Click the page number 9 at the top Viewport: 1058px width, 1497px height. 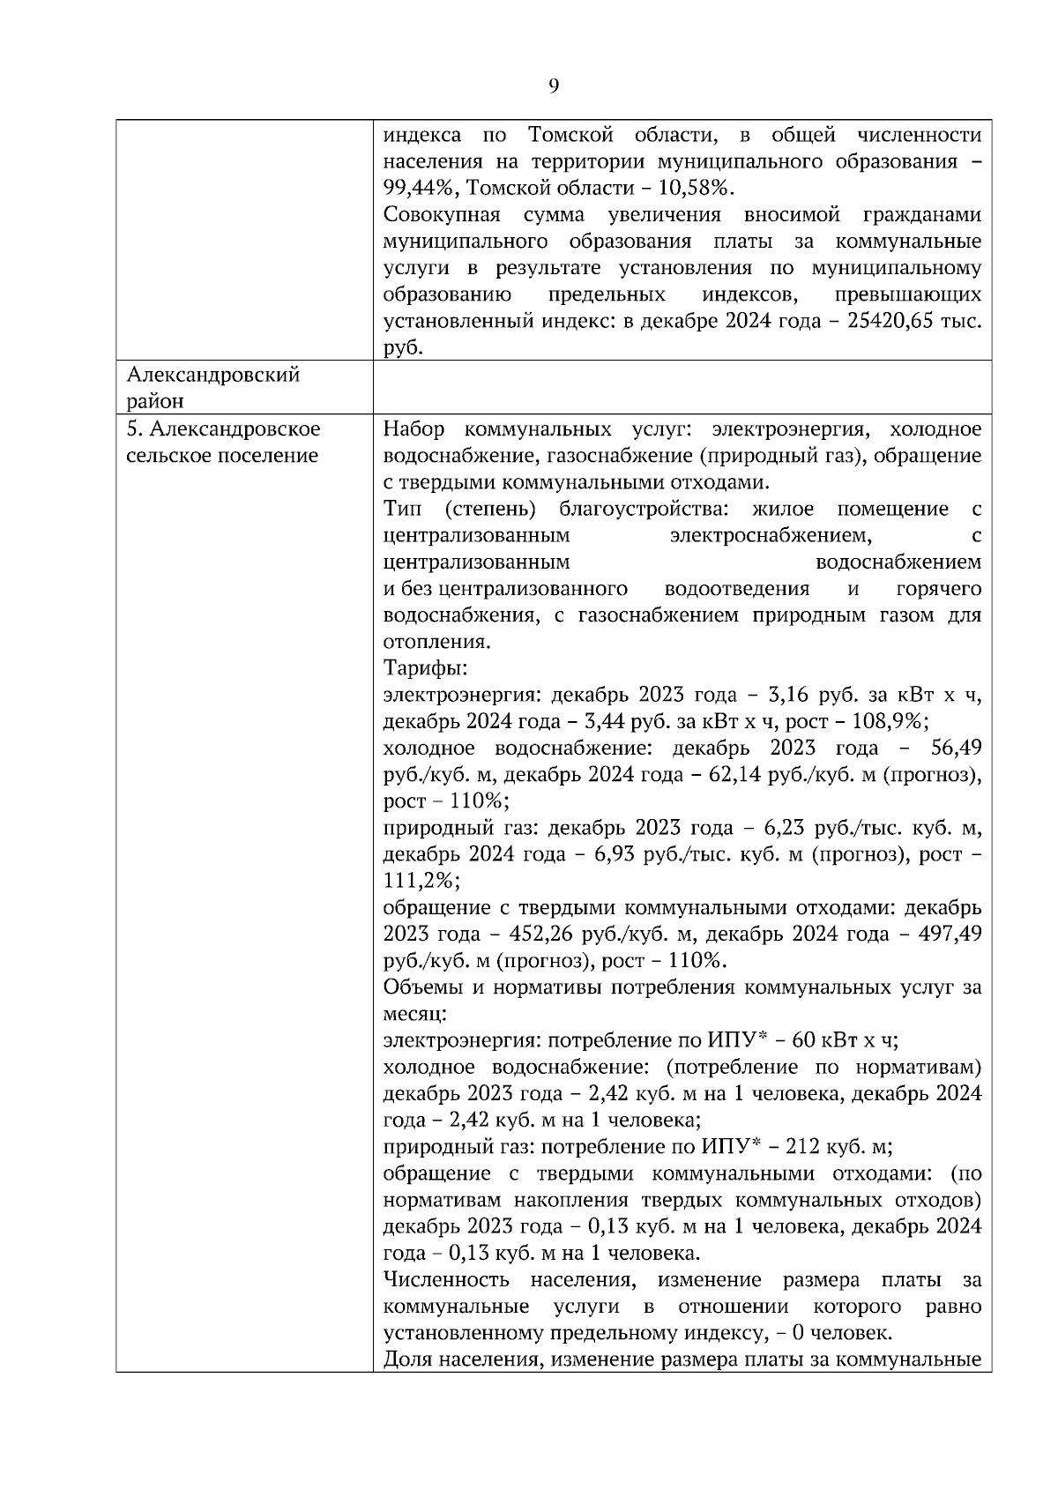[x=553, y=86]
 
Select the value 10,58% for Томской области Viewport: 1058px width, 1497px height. [x=695, y=189]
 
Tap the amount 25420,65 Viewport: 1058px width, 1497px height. [x=890, y=322]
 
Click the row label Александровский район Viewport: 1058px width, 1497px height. [x=212, y=388]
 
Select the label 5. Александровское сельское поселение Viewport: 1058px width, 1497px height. [x=223, y=443]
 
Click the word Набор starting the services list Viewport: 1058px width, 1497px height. [x=414, y=429]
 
